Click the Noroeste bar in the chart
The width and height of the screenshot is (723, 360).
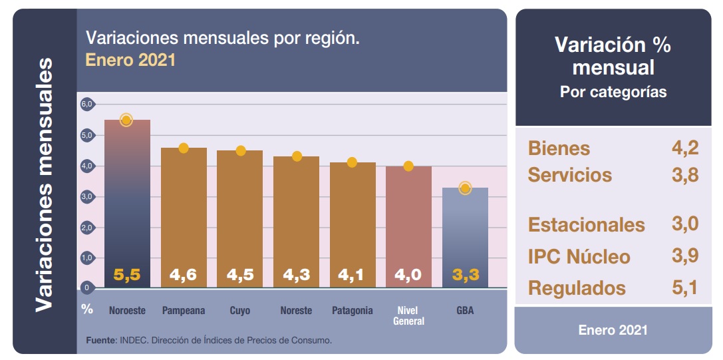127,200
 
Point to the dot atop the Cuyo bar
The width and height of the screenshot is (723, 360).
241,150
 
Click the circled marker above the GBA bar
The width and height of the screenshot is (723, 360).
465,188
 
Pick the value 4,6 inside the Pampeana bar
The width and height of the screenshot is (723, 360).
184,274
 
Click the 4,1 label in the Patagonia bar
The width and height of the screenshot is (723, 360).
352,274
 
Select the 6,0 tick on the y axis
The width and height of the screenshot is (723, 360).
87,104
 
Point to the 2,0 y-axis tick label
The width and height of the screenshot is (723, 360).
87,228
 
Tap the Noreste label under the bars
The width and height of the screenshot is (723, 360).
296,311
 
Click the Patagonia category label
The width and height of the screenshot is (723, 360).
352,311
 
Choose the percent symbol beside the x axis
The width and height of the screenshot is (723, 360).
87,309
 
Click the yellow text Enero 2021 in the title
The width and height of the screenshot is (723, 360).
130,60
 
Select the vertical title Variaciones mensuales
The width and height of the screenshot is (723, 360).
44,184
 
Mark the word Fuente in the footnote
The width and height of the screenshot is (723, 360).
100,341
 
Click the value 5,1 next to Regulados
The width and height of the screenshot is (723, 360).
684,287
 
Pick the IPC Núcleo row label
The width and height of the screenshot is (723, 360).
579,257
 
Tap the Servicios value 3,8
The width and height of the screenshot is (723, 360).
684,175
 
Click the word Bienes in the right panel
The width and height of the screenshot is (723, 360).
559,148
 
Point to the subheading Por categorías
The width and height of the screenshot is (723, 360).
613,92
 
